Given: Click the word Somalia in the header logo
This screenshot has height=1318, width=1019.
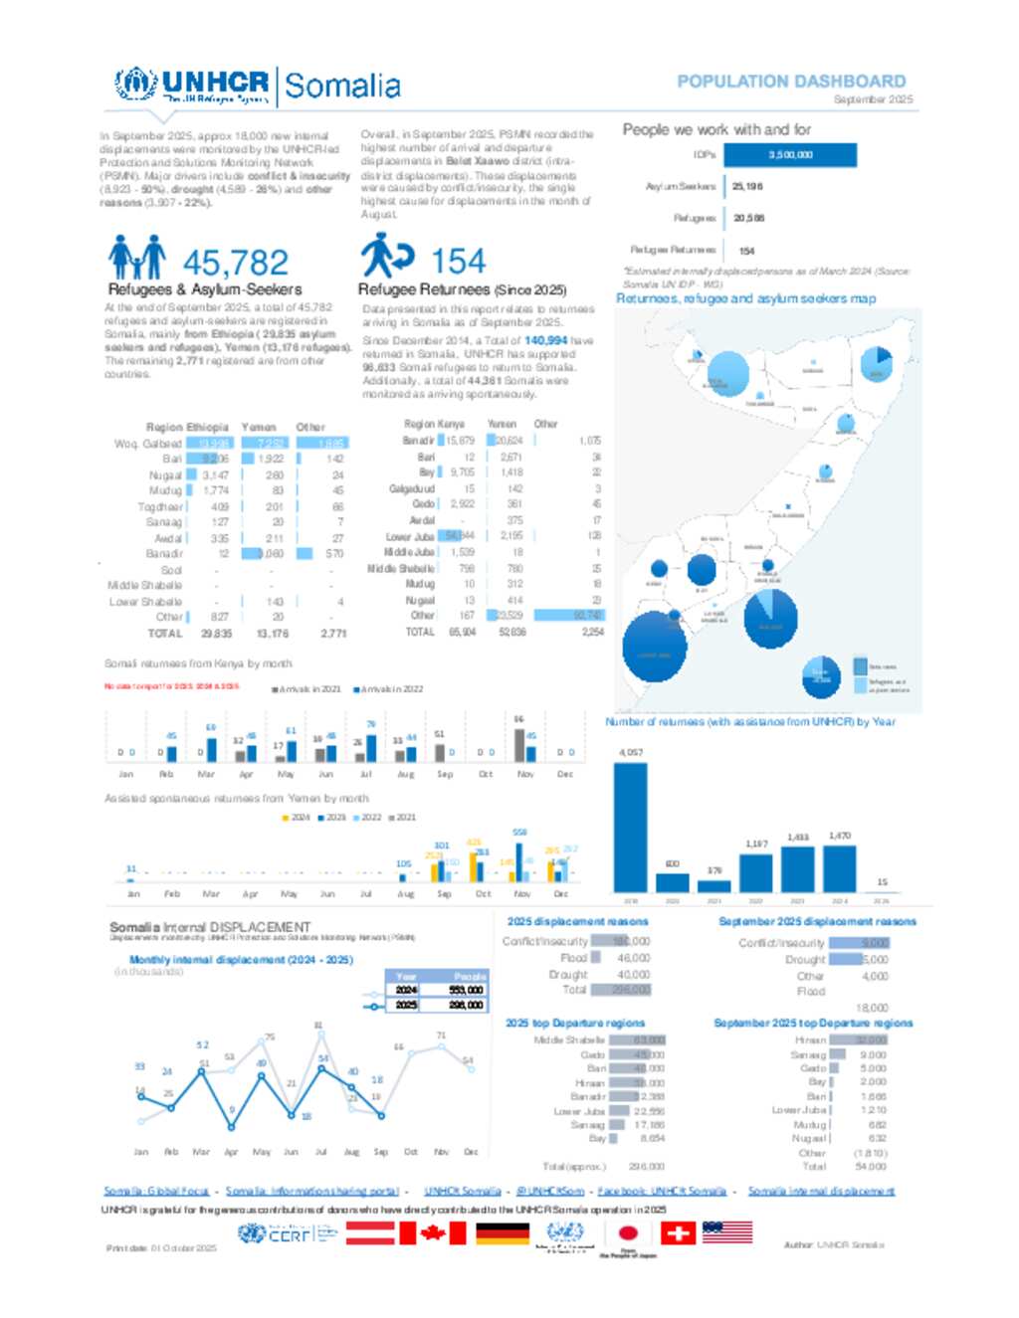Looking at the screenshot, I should coord(342,87).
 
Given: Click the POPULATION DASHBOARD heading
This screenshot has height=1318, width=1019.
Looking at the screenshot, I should coord(791,82).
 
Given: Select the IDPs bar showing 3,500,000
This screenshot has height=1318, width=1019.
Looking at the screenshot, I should coord(790,154).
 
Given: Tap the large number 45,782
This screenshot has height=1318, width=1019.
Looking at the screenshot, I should coord(236,263).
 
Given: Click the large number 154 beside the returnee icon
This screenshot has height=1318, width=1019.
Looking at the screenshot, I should coord(459,262).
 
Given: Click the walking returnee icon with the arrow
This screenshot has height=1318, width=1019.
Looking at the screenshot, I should coord(385,256).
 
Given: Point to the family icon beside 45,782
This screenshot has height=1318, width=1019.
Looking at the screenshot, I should coord(136,258).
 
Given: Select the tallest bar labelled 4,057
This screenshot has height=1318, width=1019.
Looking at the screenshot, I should coord(630,827).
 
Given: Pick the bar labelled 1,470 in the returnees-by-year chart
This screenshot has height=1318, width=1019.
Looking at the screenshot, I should coord(840,868).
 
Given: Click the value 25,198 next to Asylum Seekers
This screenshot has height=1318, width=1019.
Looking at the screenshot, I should coord(747,186).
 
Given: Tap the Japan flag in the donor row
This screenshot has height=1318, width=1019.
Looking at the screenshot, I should coord(628,1233).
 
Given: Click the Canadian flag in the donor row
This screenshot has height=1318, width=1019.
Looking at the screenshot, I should coord(432,1233).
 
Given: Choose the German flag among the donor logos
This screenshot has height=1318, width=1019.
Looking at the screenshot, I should coord(503,1233).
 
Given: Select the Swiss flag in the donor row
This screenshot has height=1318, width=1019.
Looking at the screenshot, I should coord(679,1233).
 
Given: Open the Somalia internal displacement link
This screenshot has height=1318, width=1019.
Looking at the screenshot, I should coord(821,1191).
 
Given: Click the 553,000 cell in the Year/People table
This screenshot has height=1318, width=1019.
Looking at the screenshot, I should coord(466,990).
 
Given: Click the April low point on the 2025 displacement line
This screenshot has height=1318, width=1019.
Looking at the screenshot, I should coord(232,1127).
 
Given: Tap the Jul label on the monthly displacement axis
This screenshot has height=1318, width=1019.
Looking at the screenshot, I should coord(320,1152).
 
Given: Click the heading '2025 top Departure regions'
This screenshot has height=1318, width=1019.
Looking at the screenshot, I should coord(575,1023).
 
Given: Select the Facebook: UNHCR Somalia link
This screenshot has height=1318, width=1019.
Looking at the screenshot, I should coord(662,1191).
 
